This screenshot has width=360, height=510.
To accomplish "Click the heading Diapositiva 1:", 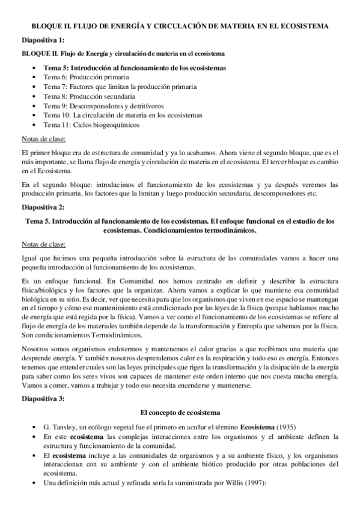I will (43, 40).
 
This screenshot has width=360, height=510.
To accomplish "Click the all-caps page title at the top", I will (180, 27).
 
